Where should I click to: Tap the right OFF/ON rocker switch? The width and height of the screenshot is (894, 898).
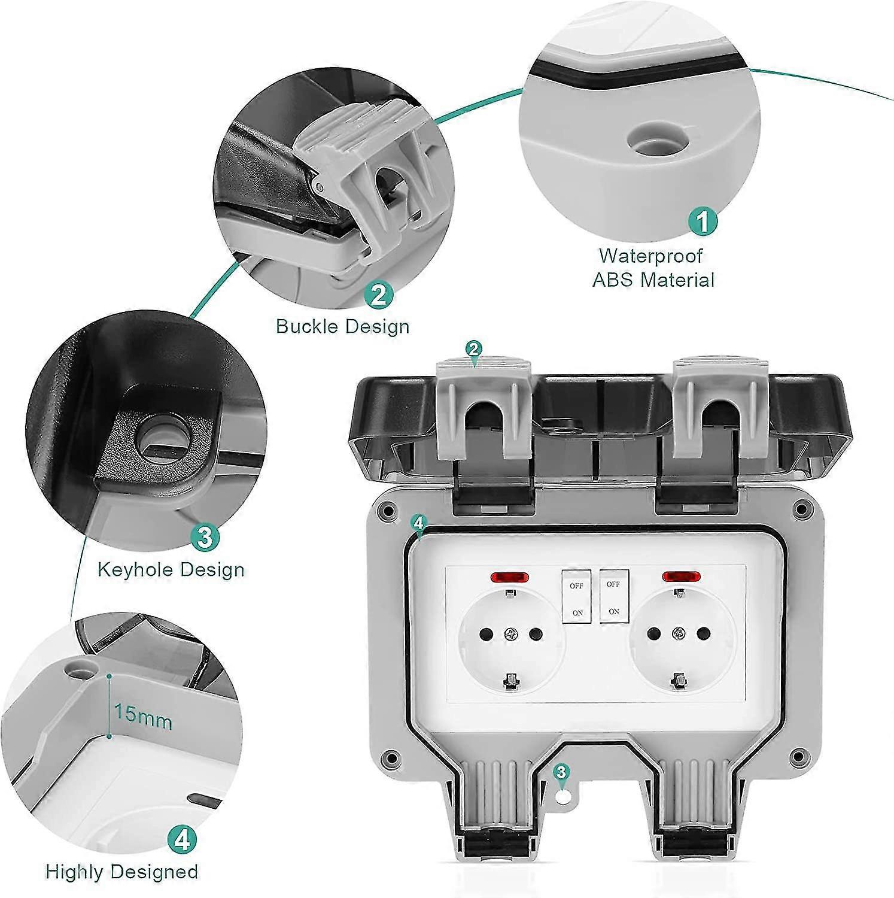pos(614,597)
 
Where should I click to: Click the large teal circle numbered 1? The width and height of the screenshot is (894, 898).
pos(703,221)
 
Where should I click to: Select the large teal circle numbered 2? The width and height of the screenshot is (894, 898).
pos(378,295)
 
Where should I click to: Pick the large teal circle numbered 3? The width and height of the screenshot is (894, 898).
pos(205,537)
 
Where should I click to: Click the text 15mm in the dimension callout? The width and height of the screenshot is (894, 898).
pos(143,716)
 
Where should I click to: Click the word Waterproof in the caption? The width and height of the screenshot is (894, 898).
pos(651,256)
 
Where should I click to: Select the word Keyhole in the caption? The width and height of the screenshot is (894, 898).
pos(136,569)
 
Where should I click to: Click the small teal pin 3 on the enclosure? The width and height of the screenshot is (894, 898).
pos(561,772)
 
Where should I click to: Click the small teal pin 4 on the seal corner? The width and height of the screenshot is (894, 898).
pos(418,523)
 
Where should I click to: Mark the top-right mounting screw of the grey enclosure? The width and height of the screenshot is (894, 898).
pos(800,510)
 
